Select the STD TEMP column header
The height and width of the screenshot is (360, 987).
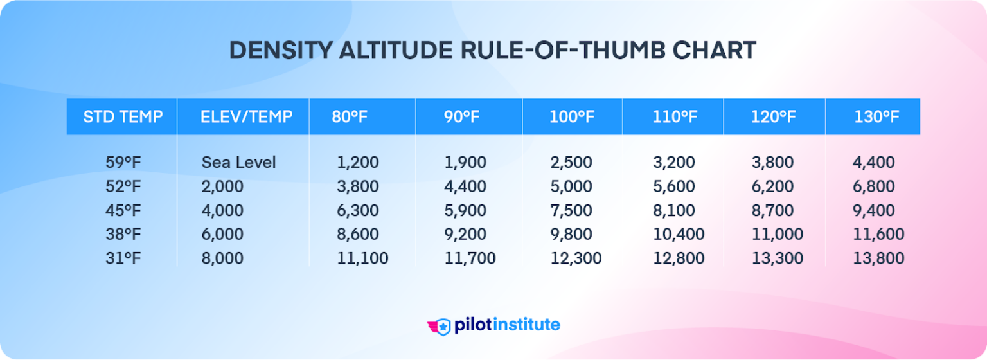(123, 117)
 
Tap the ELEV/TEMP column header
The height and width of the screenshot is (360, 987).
(247, 117)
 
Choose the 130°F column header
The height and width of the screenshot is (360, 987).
(876, 117)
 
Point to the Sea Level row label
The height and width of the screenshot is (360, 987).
(238, 163)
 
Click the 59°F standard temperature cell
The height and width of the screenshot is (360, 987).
(123, 163)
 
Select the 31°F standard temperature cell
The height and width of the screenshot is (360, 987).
(123, 258)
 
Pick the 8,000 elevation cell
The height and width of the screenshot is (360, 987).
(222, 258)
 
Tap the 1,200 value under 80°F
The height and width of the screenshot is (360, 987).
(357, 163)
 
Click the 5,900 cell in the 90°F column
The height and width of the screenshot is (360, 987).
(465, 210)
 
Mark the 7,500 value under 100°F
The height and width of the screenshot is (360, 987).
(571, 210)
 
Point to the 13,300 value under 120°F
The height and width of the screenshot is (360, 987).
(778, 258)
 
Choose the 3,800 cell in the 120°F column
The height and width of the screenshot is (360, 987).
(772, 163)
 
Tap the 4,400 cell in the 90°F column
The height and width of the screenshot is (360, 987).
(465, 186)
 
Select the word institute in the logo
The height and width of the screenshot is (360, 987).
(524, 325)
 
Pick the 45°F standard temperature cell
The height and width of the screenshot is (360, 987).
(123, 210)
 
